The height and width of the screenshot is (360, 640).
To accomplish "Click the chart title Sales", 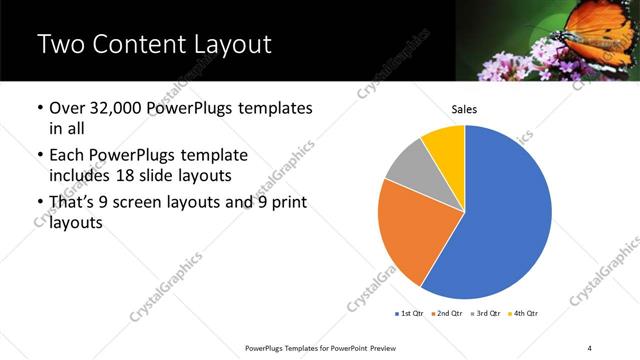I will [x=465, y=108].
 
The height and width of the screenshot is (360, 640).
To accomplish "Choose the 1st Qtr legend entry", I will [x=412, y=314].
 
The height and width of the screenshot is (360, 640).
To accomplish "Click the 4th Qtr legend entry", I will [x=525, y=314].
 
